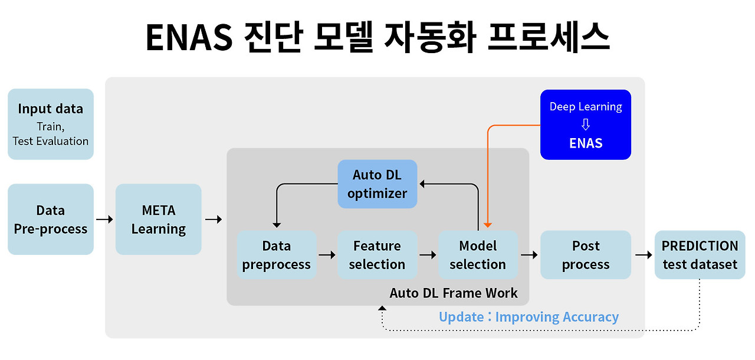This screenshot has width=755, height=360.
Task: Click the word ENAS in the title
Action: coord(188,38)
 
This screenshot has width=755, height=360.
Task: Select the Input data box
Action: coord(51,124)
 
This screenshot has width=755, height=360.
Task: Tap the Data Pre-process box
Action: coord(51,220)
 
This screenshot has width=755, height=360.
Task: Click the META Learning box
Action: coord(159,220)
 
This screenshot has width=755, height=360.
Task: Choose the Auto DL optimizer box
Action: coord(377,184)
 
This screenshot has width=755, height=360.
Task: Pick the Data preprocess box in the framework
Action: coord(277,255)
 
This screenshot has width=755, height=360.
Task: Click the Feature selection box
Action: coord(377,255)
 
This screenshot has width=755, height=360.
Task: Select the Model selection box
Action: coord(478,255)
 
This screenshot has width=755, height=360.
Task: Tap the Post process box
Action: coord(586,255)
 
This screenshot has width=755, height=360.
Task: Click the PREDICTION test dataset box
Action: coord(700,255)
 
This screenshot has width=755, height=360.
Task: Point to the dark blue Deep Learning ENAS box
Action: coord(586,125)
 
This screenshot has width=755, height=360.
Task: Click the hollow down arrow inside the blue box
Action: coord(586,125)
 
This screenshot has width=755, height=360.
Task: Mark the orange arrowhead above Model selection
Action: coord(487,224)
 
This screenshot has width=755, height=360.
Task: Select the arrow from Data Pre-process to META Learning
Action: coord(104,220)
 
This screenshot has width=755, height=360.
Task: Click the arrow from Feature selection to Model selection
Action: coord(428,255)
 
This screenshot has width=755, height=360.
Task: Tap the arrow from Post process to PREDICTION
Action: coord(643,255)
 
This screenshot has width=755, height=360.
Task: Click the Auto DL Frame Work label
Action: coord(454,293)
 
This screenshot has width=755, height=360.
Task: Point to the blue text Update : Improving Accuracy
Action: coord(528,317)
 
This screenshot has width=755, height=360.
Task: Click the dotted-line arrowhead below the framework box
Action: coord(382,309)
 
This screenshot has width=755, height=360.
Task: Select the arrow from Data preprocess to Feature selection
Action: coord(327,255)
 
